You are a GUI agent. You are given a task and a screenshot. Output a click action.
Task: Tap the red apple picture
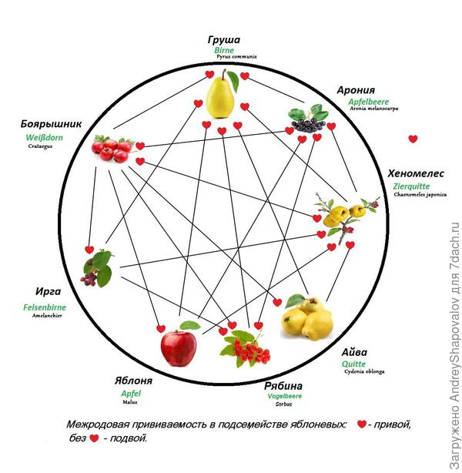pos(178,347)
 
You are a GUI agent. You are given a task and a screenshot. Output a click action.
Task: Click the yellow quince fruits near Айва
pos(306,315)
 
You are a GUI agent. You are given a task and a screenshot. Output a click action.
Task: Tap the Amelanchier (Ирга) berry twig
pos(99,270)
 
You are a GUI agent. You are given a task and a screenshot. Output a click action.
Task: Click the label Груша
pos(224,39)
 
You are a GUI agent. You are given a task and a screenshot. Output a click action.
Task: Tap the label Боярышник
pos(52,125)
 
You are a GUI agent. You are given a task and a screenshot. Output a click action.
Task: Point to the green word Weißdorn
pos(44,137)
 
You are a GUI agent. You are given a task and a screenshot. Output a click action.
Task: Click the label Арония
pos(356,90)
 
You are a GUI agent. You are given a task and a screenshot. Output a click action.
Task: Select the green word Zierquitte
pos(411,186)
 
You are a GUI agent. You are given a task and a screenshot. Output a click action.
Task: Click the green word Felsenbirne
pos(45,307)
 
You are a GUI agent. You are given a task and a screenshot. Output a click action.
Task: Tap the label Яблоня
pos(133,381)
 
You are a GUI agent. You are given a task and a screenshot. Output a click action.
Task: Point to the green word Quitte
pos(353,364)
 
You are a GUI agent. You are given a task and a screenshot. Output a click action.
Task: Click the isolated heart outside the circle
pos(413,139)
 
